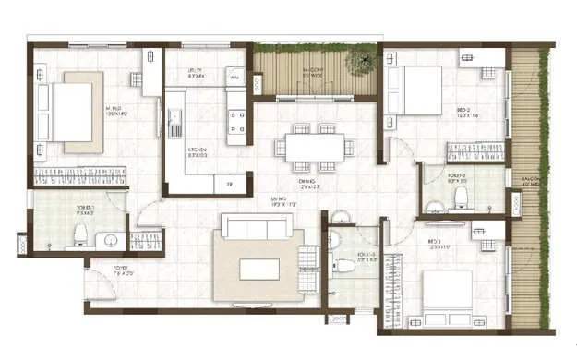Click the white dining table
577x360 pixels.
click(x=314, y=148)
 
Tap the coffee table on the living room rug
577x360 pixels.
click(x=258, y=269)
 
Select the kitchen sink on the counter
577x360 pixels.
click(x=174, y=119)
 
